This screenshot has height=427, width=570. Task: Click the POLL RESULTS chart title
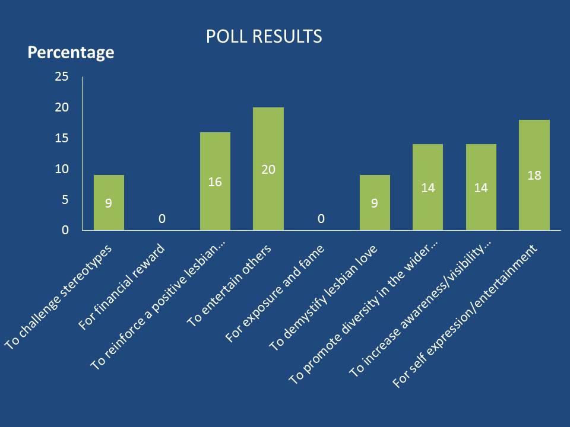(x=264, y=37)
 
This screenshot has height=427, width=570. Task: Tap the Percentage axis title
(x=71, y=52)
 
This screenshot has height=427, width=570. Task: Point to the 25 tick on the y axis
(x=62, y=77)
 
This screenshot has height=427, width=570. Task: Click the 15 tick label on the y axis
(x=62, y=138)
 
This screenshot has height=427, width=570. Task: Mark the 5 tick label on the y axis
(x=65, y=200)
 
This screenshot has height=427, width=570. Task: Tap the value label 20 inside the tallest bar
(x=268, y=169)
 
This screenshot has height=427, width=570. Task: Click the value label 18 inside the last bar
(x=534, y=176)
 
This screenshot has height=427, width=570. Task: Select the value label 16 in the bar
(x=215, y=181)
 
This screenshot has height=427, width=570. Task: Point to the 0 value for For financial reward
(x=161, y=219)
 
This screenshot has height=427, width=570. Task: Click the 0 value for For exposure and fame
(x=321, y=219)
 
